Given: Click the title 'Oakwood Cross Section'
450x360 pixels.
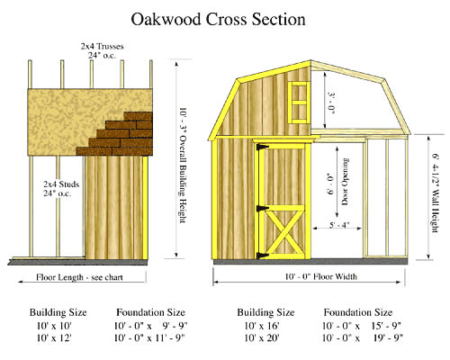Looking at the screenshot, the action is point(218,19).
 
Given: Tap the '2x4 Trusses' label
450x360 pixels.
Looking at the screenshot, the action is point(102,47).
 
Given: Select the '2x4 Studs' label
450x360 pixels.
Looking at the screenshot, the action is point(61,184).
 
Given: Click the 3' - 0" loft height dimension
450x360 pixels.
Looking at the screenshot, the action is point(331,103).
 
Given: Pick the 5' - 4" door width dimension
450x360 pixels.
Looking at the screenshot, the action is point(339,225).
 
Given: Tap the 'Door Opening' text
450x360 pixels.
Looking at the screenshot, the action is point(345,182).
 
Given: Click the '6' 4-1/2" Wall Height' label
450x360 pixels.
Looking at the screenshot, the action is point(436,193).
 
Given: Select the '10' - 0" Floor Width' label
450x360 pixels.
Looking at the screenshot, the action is point(320,276).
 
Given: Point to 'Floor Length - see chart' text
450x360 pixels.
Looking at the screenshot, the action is point(79,277).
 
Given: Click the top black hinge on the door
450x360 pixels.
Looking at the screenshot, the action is point(262,147).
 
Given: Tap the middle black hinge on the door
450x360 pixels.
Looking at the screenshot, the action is point(262,208).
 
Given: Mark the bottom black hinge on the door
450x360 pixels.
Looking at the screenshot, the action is point(262,256).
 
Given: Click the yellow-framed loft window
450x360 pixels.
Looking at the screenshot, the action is point(299,103).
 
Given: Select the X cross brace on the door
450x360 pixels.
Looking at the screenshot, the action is point(284,231).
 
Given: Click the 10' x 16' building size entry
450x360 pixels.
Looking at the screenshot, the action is point(262,326).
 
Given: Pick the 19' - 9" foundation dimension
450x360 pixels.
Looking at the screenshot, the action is point(387,338).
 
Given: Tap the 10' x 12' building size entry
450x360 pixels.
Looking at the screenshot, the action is point(54,338).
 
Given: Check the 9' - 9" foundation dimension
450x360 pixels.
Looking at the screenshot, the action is point(175,326).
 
